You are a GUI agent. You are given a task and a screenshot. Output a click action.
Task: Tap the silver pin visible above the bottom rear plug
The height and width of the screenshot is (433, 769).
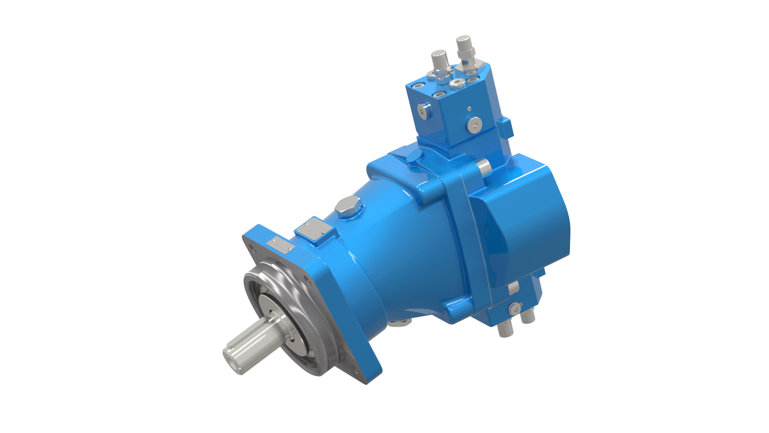point(514,287)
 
